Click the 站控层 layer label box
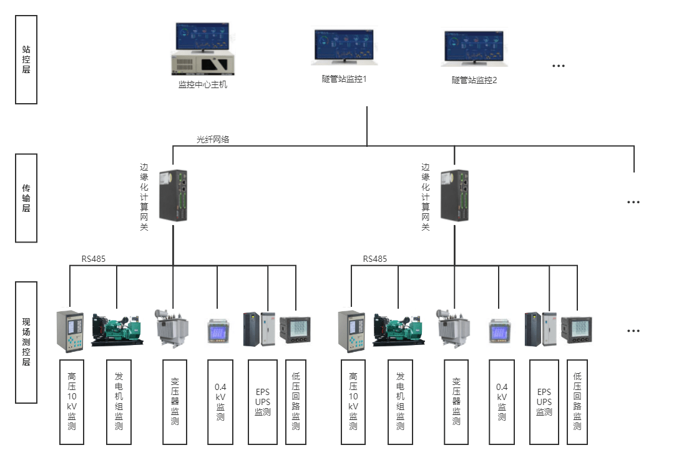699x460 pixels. pyautogui.click(x=26, y=59)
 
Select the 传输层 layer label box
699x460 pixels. pyautogui.click(x=26, y=198)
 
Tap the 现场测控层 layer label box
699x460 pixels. pyautogui.click(x=26, y=341)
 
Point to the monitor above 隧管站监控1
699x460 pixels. pyautogui.click(x=344, y=47)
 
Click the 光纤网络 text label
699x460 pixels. pyautogui.click(x=213, y=139)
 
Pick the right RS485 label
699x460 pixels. pyautogui.click(x=375, y=258)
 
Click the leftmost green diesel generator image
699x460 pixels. pyautogui.click(x=117, y=329)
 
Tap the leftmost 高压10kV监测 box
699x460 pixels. pyautogui.click(x=72, y=402)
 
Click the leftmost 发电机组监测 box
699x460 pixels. pyautogui.click(x=119, y=402)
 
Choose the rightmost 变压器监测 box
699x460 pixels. pyautogui.click(x=457, y=402)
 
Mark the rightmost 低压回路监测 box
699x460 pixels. pyautogui.click(x=577, y=402)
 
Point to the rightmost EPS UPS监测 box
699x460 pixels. pyautogui.click(x=544, y=402)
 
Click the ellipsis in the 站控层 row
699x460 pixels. pyautogui.click(x=558, y=65)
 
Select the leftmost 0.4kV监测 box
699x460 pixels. pyautogui.click(x=220, y=402)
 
